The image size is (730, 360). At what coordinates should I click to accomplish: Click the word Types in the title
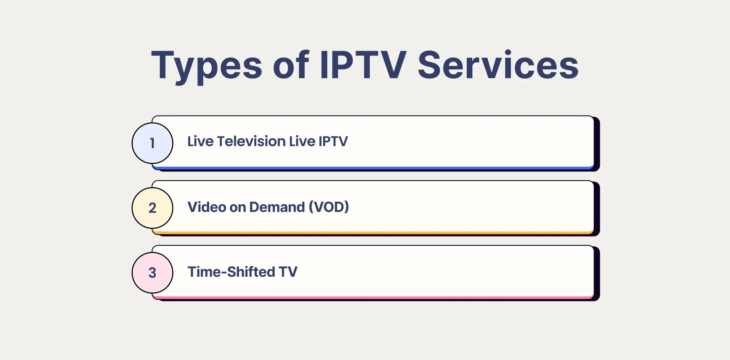pyautogui.click(x=207, y=65)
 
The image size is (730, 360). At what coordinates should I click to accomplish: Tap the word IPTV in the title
pyautogui.click(x=363, y=65)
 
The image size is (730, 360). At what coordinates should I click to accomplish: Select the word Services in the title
pyautogui.click(x=498, y=65)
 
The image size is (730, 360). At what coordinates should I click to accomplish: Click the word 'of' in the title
pyautogui.click(x=291, y=65)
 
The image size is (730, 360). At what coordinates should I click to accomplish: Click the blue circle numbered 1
pyautogui.click(x=153, y=143)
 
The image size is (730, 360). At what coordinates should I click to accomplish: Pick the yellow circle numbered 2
pyautogui.click(x=153, y=208)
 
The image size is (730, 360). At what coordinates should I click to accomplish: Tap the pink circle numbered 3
pyautogui.click(x=153, y=273)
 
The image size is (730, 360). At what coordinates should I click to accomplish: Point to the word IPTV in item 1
pyautogui.click(x=333, y=141)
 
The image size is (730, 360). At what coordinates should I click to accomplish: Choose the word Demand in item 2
pyautogui.click(x=277, y=207)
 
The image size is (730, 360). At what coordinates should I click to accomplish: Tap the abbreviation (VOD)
pyautogui.click(x=329, y=207)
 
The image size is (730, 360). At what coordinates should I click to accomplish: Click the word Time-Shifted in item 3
pyautogui.click(x=231, y=272)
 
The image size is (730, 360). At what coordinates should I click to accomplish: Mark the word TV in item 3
pyautogui.click(x=288, y=272)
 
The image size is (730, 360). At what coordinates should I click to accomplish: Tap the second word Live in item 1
pyautogui.click(x=302, y=141)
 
